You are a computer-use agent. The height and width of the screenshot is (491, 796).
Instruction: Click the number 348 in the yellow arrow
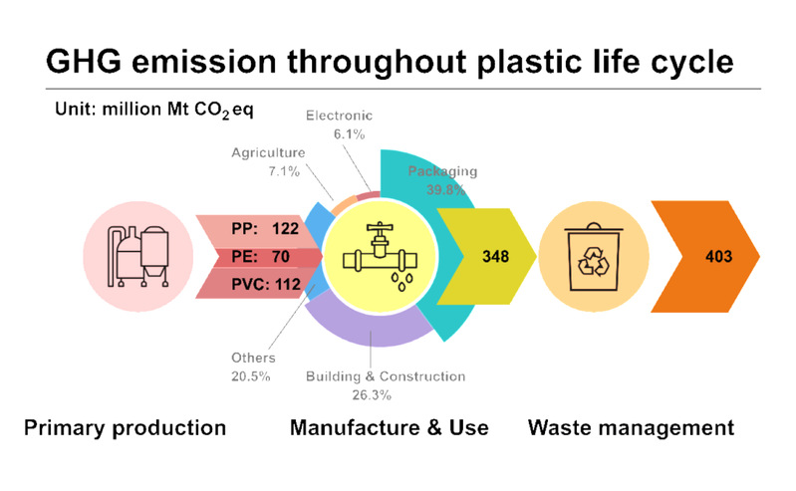pos(495,256)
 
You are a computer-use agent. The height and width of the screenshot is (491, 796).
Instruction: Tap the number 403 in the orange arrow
pos(719,256)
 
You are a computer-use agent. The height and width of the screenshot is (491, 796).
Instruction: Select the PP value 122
pos(285,228)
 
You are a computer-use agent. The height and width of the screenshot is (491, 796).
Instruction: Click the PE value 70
pos(280,256)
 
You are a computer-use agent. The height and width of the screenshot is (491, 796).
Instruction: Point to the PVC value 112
pos(288,285)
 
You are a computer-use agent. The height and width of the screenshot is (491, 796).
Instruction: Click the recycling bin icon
pos(594,256)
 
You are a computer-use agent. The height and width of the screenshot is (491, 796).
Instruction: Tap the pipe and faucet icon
pos(380,256)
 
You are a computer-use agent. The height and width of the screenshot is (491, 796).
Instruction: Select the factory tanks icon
pos(137,256)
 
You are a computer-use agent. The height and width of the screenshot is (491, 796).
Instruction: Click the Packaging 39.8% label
pos(442,180)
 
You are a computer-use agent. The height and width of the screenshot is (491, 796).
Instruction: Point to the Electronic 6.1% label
pos(339,124)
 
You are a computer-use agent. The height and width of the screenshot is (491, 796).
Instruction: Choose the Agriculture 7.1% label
pos(269,162)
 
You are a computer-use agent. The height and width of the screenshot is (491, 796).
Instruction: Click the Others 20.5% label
pos(253,367)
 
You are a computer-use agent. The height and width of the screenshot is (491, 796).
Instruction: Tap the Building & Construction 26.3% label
pos(386,385)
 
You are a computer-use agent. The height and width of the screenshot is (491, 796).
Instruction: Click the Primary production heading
pos(125,427)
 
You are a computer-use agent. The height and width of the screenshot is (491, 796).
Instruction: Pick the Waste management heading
pos(631,427)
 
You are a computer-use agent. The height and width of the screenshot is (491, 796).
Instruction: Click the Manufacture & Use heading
pos(390,427)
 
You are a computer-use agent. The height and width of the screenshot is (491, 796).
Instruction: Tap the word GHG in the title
pos(85,62)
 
